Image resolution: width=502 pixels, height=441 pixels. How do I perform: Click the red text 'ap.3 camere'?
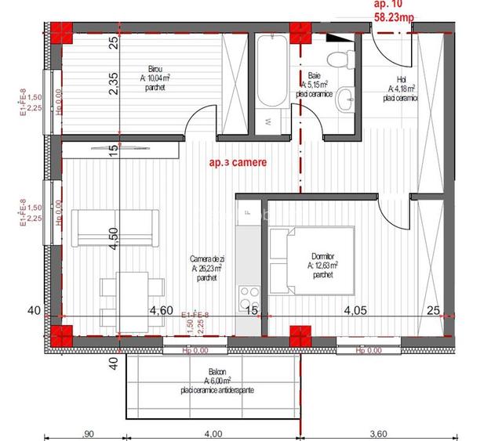[x=238, y=164]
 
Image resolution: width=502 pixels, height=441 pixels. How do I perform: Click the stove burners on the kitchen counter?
[x=250, y=298]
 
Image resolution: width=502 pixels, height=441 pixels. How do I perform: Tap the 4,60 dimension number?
[x=162, y=310]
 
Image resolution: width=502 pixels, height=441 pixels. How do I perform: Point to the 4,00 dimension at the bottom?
[x=213, y=432]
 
